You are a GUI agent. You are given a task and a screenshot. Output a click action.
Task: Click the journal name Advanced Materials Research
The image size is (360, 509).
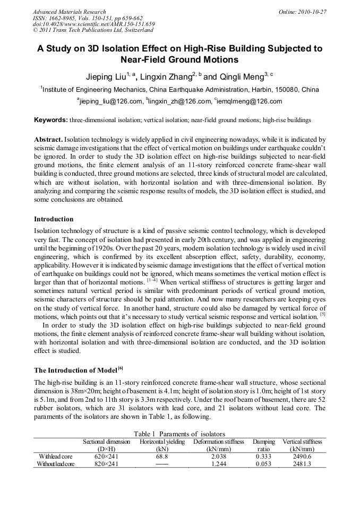pyautogui.click(x=69, y=12)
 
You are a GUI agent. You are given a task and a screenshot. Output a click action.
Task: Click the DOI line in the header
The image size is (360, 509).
pyautogui.click(x=93, y=24)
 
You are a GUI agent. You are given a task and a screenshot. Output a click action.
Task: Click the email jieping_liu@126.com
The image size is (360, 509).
pyautogui.click(x=111, y=101)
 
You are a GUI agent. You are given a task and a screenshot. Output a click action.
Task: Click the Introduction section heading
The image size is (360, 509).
pyautogui.click(x=54, y=219)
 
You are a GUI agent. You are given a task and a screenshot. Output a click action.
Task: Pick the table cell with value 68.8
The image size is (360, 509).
pyautogui.click(x=162, y=456)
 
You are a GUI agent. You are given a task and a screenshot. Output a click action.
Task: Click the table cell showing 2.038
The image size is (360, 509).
pyautogui.click(x=219, y=456)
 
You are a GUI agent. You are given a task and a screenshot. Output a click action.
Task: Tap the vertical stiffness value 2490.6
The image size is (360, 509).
pyautogui.click(x=302, y=456)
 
